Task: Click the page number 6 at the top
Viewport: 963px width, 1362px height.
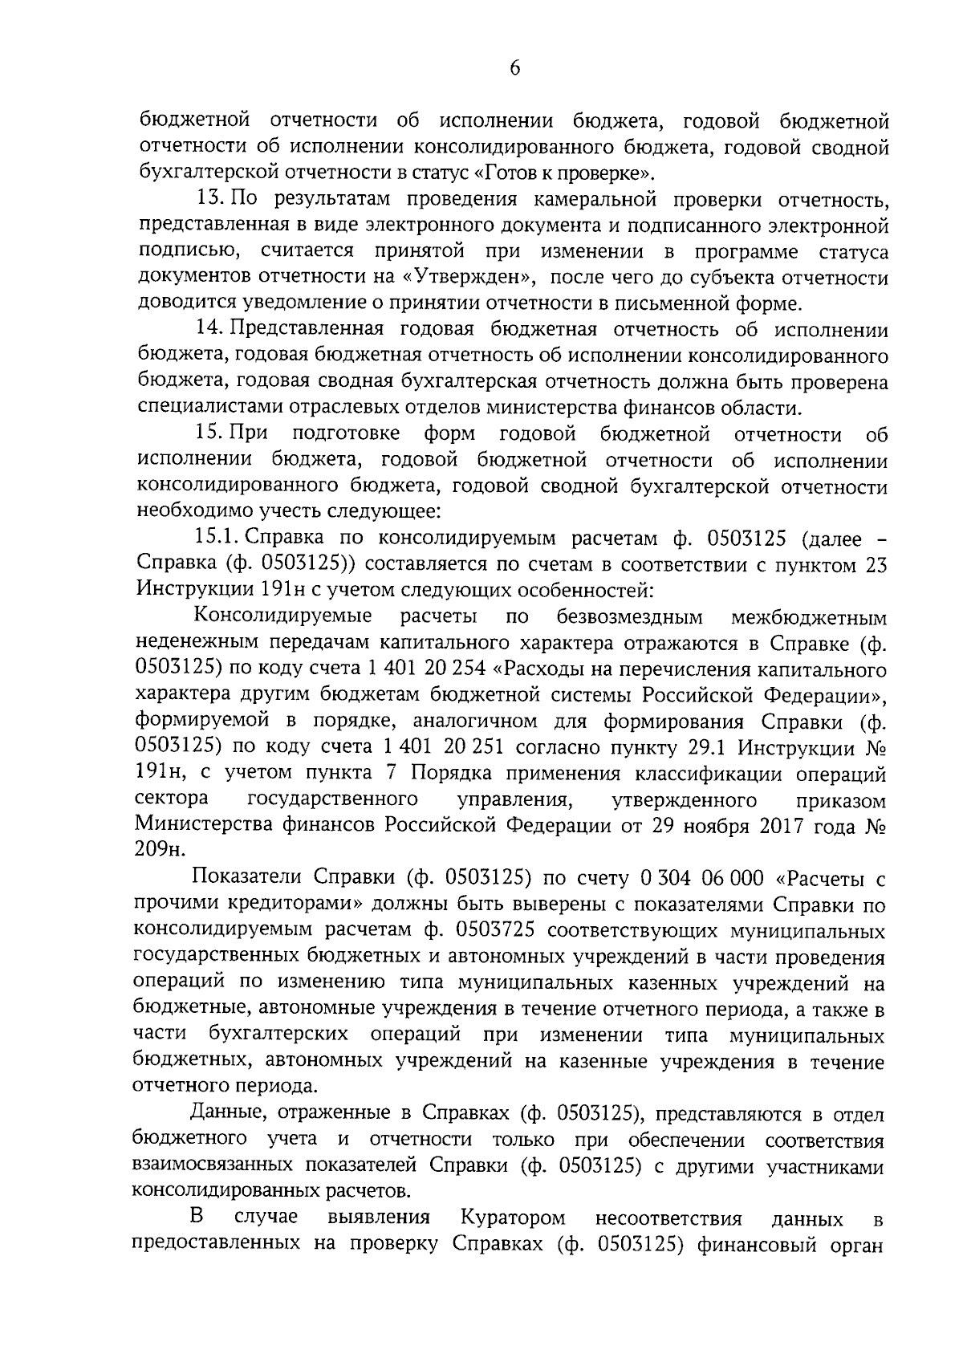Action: click(x=514, y=69)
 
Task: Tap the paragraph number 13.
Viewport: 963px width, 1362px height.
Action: click(x=210, y=198)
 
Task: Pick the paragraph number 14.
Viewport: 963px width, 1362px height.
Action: click(x=210, y=330)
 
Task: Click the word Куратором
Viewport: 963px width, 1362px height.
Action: click(x=513, y=1218)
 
